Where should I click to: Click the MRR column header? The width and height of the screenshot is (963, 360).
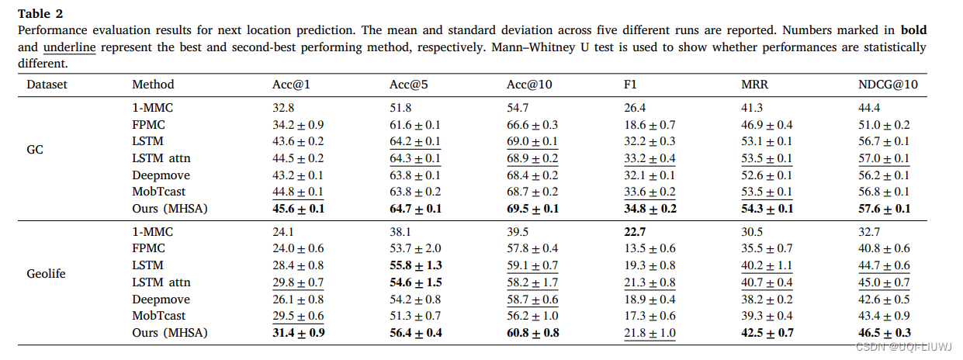754,85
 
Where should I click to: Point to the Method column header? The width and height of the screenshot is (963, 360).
153,85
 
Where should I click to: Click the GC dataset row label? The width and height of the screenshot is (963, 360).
35,150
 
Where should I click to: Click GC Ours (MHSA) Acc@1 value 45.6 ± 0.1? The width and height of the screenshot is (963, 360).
293,208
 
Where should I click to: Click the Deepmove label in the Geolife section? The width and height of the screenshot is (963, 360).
160,299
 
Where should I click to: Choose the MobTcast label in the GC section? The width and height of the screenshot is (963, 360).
159,192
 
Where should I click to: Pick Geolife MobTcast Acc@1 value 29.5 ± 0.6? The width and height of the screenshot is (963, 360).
293,316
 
